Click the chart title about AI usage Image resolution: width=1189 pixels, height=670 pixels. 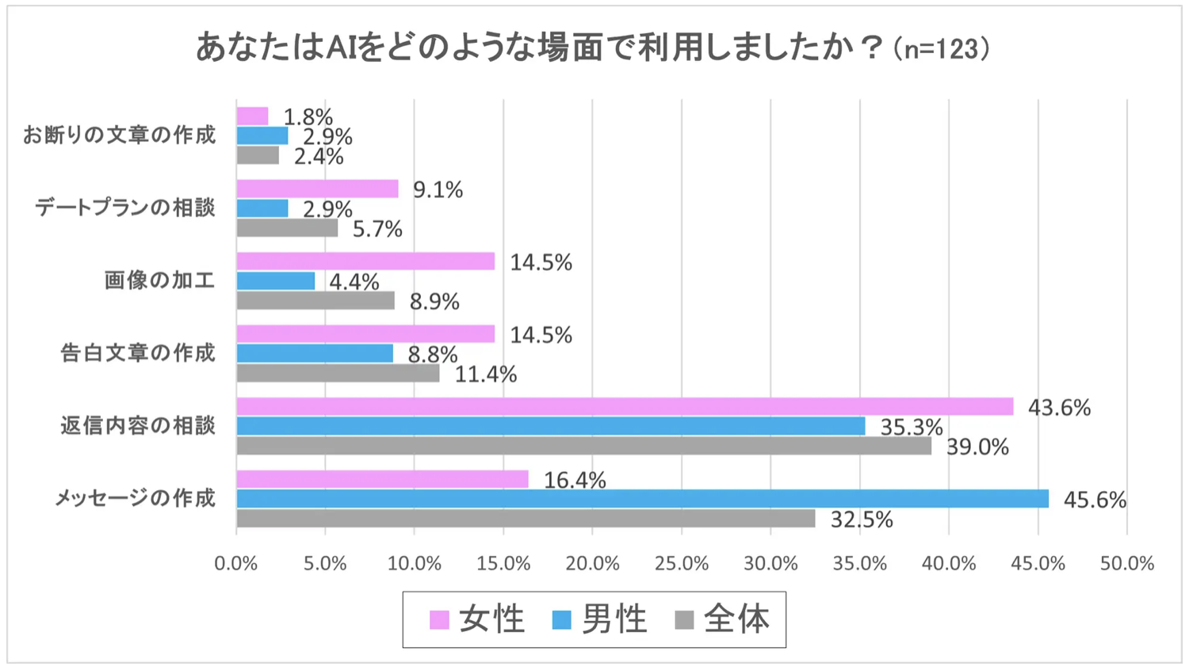pos(593,48)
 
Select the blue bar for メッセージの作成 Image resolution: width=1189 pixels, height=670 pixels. pos(642,499)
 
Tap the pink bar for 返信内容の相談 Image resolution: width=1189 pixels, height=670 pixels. pos(625,406)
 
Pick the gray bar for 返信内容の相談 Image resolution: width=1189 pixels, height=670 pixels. pos(583,446)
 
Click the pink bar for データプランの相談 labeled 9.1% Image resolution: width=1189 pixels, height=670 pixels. pos(317,188)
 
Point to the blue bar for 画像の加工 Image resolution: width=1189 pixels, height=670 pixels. pos(276,281)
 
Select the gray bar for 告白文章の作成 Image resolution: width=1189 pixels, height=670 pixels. pos(338,373)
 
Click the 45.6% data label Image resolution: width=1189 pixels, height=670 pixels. pos(1094,500)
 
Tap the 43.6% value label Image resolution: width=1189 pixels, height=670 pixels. pos(1059,408)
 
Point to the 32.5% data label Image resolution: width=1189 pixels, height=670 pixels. pos(861,520)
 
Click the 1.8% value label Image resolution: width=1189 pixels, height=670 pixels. pos(308,117)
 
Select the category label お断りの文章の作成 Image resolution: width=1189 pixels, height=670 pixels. pos(119,135)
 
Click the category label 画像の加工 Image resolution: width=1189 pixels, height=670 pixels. pos(159,280)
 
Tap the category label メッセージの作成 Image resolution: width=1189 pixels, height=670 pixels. pos(135,498)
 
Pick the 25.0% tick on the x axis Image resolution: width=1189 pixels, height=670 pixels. pos(682,564)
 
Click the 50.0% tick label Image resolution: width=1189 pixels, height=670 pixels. pos(1126,564)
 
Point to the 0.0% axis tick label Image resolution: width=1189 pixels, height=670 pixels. pos(236,564)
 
